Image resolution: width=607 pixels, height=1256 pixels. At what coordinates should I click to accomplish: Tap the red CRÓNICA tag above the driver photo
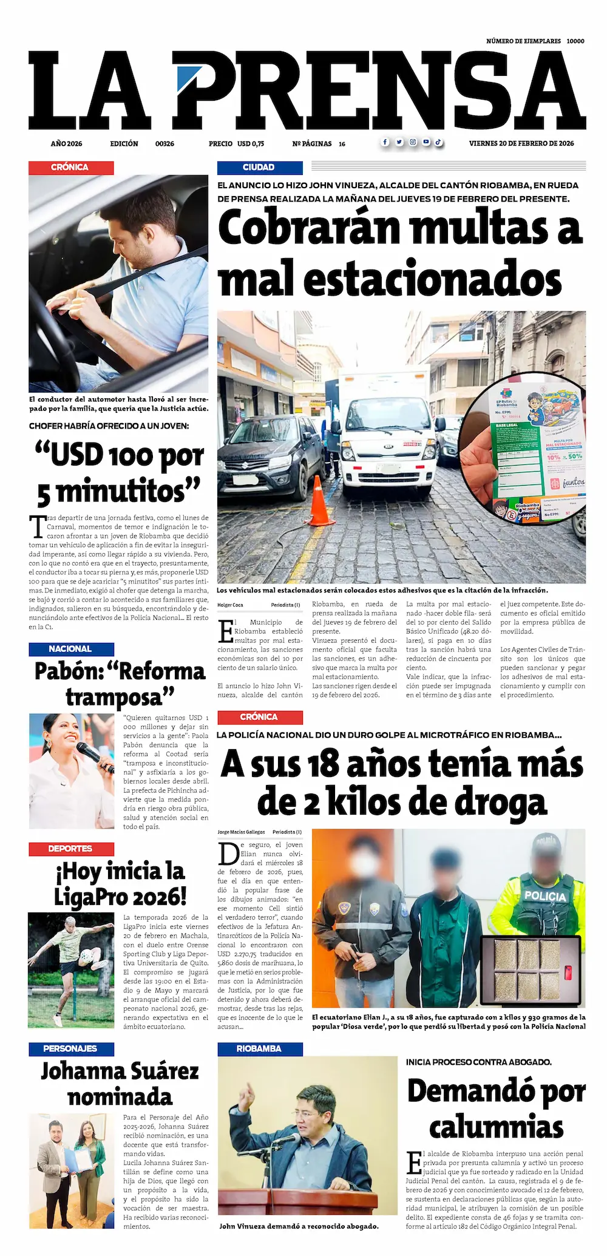[70, 168]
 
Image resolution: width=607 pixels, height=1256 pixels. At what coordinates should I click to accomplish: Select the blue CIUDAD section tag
[259, 168]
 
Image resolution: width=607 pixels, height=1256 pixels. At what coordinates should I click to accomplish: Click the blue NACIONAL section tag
[71, 649]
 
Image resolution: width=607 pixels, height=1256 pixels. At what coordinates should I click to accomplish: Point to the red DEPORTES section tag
[70, 849]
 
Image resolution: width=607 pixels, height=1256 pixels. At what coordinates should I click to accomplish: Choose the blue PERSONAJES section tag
[70, 1048]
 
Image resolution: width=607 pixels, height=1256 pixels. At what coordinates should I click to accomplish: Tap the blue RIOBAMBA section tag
[259, 1048]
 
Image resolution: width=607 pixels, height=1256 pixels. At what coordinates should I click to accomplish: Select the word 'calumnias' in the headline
[497, 1127]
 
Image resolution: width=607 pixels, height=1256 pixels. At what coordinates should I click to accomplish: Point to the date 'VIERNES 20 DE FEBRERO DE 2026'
[521, 144]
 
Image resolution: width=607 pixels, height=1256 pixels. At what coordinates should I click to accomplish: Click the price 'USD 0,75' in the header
[250, 144]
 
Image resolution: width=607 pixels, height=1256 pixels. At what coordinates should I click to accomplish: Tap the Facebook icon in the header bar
[385, 143]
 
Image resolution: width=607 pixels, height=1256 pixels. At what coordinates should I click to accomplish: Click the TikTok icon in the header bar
[438, 143]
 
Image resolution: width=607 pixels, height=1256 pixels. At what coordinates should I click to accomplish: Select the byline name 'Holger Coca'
[230, 605]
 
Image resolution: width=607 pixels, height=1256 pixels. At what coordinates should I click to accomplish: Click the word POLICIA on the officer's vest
[544, 897]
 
